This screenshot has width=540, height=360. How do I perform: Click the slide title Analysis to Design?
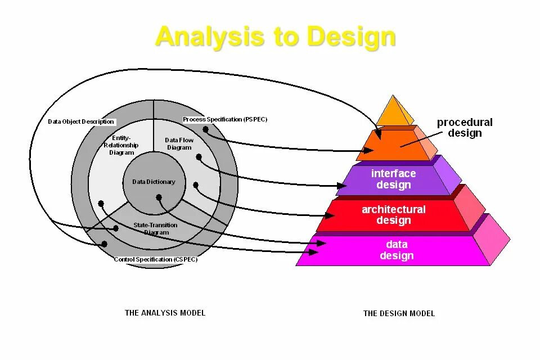[x=276, y=37]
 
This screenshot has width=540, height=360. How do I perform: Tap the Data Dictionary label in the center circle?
[x=154, y=182]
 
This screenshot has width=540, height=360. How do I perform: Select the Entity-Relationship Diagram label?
[x=121, y=145]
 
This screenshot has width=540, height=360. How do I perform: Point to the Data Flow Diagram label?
[x=179, y=144]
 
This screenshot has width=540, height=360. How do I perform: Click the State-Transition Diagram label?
[x=155, y=228]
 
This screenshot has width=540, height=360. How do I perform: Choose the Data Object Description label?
[x=81, y=121]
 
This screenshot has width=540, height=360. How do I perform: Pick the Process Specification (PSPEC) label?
[x=225, y=119]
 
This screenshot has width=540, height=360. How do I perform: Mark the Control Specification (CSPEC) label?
[x=156, y=259]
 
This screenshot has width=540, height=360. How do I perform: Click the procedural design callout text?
[x=465, y=128]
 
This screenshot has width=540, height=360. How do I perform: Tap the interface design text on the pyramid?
[x=394, y=179]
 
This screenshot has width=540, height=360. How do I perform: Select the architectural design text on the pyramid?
[x=394, y=214]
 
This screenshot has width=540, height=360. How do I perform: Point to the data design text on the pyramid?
[x=397, y=250]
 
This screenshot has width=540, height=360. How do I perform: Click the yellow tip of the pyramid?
[x=395, y=111]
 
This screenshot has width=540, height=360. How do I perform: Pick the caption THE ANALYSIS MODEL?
[x=165, y=313]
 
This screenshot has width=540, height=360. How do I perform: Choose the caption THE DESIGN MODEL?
[x=399, y=313]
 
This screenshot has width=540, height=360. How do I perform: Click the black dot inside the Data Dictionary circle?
[x=159, y=197]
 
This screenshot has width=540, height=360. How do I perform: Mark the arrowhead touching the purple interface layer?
[x=342, y=185]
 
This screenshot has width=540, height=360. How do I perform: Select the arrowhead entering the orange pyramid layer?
[x=368, y=150]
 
